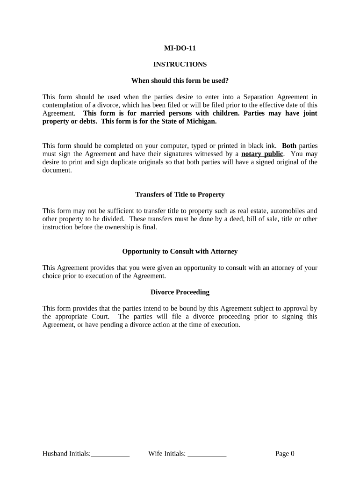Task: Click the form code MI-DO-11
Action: click(x=180, y=48)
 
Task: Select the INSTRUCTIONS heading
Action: click(x=180, y=64)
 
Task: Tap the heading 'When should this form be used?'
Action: click(x=180, y=80)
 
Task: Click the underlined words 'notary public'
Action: click(x=262, y=154)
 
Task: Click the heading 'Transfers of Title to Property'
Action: click(x=180, y=194)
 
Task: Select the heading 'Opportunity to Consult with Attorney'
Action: click(x=180, y=251)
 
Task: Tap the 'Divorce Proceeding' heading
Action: click(x=180, y=292)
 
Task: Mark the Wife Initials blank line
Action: click(x=207, y=454)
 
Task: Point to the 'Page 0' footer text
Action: click(x=285, y=453)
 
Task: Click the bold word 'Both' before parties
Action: click(x=289, y=145)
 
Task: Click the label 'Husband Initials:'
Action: click(x=66, y=453)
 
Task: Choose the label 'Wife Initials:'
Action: click(x=167, y=453)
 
